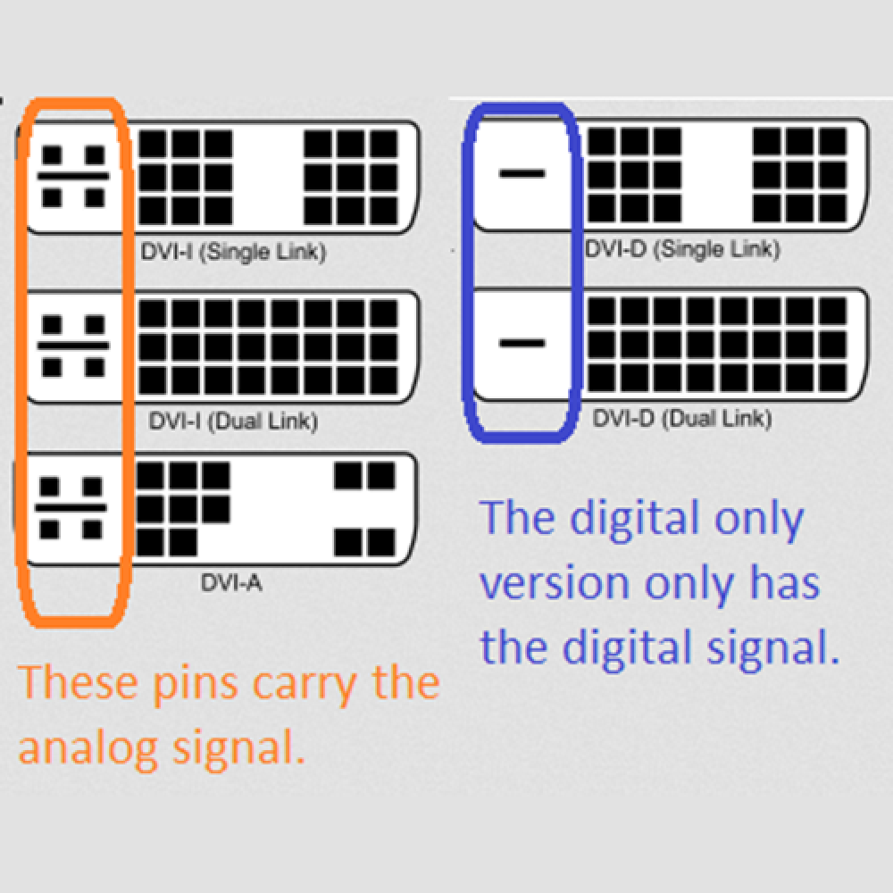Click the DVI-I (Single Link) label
[233, 253]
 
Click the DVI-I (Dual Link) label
[233, 421]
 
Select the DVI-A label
[231, 582]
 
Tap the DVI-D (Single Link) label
[682, 249]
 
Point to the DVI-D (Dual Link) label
[682, 419]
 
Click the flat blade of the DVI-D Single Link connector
[522, 173]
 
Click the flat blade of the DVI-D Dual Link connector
[522, 343]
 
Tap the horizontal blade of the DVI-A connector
[71, 507]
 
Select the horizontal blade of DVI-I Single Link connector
[73, 176]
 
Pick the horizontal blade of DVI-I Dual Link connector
[73, 346]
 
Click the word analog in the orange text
[88, 747]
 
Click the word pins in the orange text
[195, 683]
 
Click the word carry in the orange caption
[305, 685]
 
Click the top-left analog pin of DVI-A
[49, 487]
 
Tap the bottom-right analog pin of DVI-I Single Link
[96, 197]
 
